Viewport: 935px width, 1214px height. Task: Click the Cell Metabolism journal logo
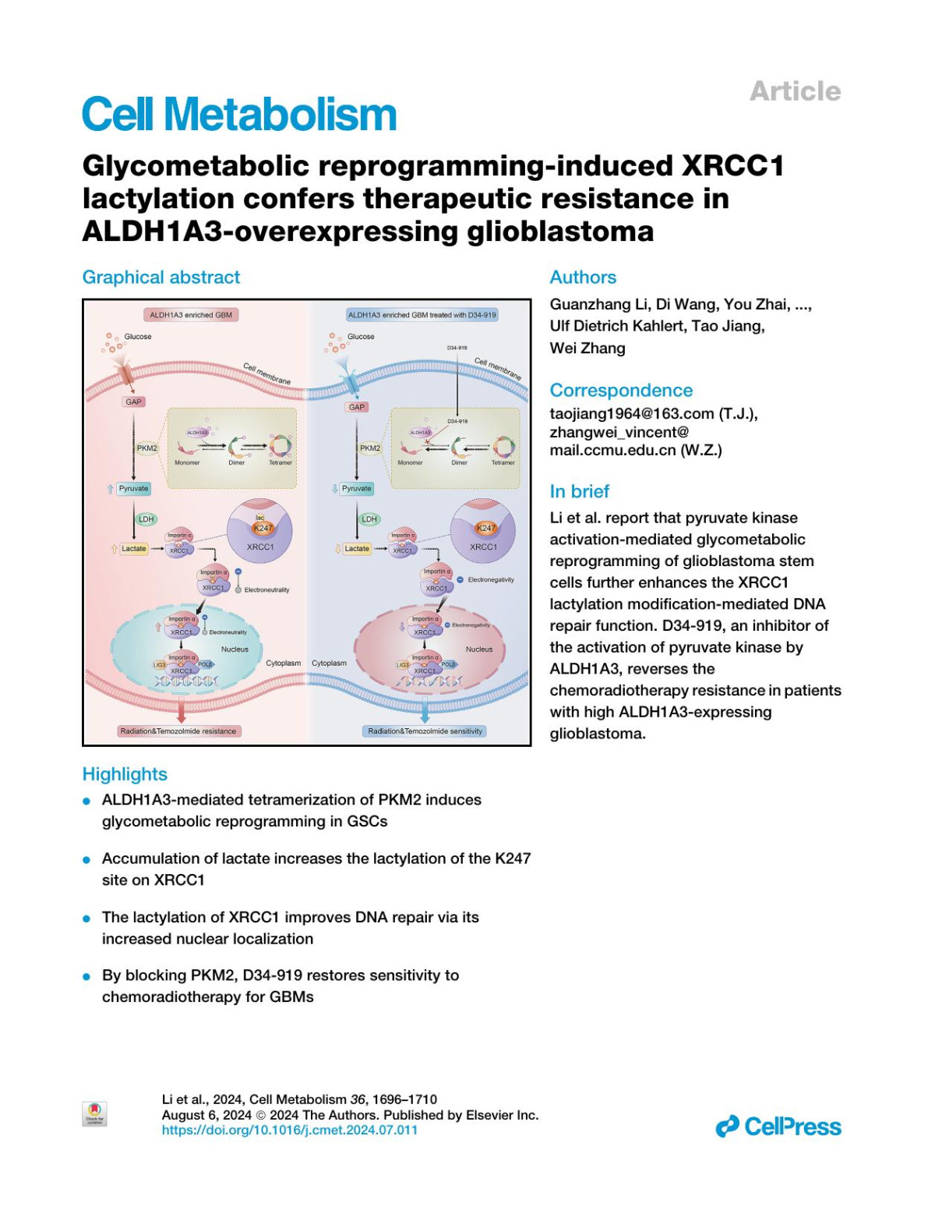click(239, 115)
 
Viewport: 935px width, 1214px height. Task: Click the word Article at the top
click(795, 91)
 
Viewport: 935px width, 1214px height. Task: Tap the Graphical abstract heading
click(161, 278)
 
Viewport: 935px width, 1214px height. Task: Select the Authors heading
click(583, 278)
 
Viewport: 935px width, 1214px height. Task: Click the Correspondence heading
click(621, 391)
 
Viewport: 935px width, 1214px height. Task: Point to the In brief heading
click(579, 491)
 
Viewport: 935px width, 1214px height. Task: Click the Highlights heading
click(125, 774)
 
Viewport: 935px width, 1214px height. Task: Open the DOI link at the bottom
click(289, 1130)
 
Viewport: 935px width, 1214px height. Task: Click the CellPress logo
click(778, 1127)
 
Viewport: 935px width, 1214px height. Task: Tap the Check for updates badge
click(94, 1113)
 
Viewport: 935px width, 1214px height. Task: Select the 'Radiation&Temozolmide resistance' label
click(178, 731)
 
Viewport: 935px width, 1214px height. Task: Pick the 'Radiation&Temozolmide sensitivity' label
click(425, 731)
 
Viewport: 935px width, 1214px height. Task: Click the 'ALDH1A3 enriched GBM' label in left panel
click(191, 315)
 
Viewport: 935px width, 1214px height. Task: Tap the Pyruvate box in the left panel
click(133, 488)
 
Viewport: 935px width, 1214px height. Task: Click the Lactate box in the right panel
click(357, 549)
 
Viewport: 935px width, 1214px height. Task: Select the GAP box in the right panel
click(357, 407)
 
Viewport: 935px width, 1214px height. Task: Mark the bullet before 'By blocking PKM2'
click(86, 976)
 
